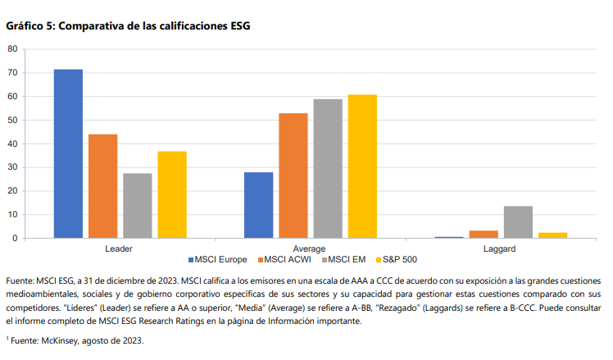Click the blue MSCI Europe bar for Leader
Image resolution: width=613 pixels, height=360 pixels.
pyautogui.click(x=68, y=154)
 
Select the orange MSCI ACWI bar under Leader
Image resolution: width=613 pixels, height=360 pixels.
pyautogui.click(x=102, y=186)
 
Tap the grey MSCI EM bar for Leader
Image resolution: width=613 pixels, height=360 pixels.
pyautogui.click(x=137, y=206)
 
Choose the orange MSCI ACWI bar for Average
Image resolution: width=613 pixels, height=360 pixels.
pyautogui.click(x=293, y=175)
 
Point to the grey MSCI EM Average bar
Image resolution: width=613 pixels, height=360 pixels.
pyautogui.click(x=327, y=168)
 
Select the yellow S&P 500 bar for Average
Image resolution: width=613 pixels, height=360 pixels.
pyautogui.click(x=361, y=166)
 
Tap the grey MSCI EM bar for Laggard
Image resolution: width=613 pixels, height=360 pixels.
pyautogui.click(x=518, y=222)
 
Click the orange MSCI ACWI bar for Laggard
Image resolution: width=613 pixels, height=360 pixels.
pyautogui.click(x=484, y=235)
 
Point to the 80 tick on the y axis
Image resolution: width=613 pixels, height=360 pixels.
pyautogui.click(x=12, y=49)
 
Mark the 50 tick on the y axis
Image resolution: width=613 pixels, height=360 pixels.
pyautogui.click(x=12, y=120)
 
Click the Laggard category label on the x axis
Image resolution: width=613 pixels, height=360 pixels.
pyautogui.click(x=501, y=248)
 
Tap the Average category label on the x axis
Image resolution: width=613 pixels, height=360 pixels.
pyautogui.click(x=310, y=248)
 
